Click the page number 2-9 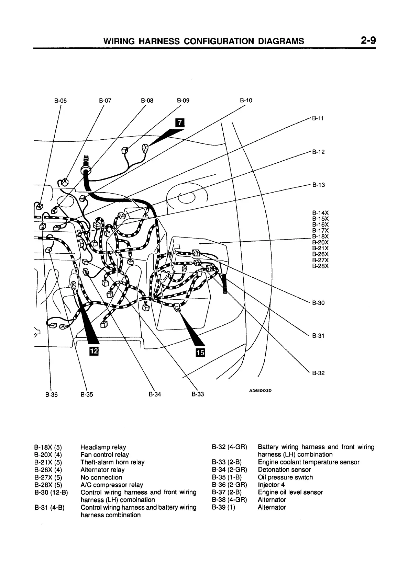pos(368,41)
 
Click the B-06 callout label pos(60,101)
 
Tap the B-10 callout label pos(246,101)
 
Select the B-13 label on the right pos(318,185)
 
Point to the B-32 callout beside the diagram pos(318,373)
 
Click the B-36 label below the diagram pos(52,394)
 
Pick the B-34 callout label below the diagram pos(155,394)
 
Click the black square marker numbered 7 pos(179,123)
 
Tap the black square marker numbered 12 pos(94,351)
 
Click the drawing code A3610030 pos(261,390)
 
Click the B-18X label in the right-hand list pos(320,236)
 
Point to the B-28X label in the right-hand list pos(320,266)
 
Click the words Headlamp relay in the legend pos(103,447)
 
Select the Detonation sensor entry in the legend pos(284,470)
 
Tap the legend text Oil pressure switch pos(285,477)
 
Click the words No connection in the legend pos(101,477)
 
